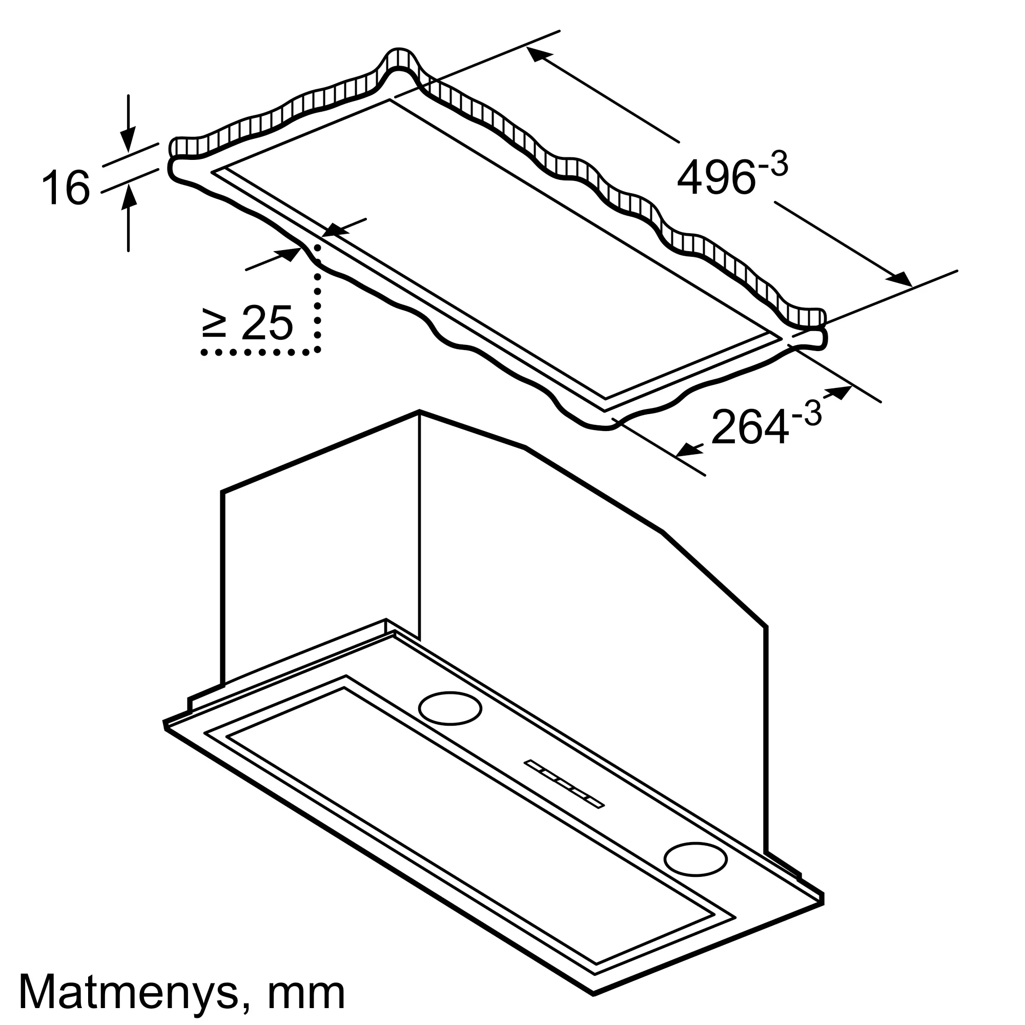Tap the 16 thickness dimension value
point(66,188)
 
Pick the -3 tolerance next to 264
point(806,413)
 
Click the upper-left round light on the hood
point(450,708)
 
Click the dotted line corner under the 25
point(317,351)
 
